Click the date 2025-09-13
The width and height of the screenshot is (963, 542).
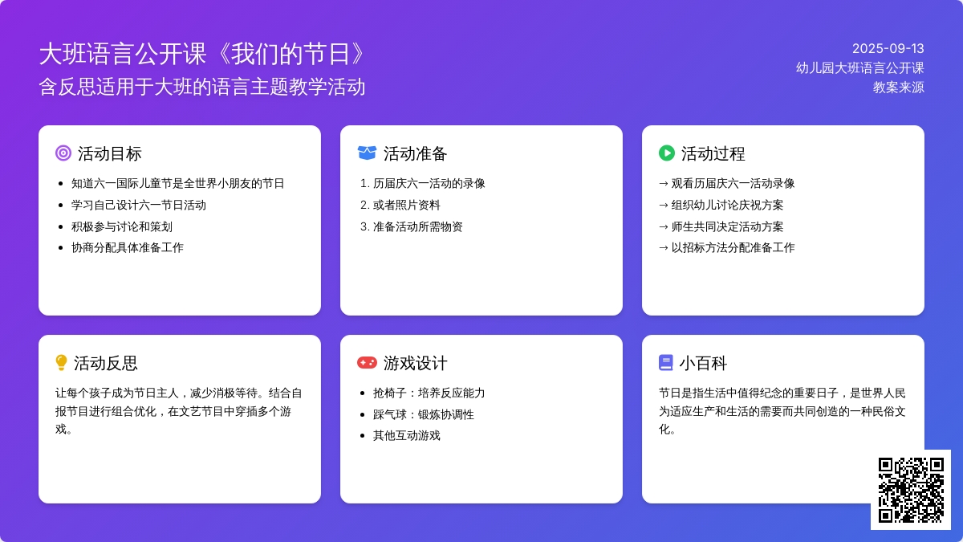pyautogui.click(x=888, y=49)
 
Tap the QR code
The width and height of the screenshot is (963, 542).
pyautogui.click(x=911, y=490)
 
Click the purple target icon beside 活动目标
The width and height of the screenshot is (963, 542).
pyautogui.click(x=63, y=153)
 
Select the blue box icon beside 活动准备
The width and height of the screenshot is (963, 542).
pyautogui.click(x=367, y=153)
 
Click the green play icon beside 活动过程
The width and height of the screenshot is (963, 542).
pyautogui.click(x=667, y=153)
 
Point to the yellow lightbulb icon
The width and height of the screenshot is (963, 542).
pyautogui.click(x=62, y=363)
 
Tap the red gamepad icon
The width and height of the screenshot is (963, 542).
pyautogui.click(x=367, y=363)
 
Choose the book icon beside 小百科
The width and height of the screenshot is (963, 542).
pyautogui.click(x=665, y=363)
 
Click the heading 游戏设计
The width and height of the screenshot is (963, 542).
pyautogui.click(x=415, y=363)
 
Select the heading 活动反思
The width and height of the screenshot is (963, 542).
pyautogui.click(x=105, y=363)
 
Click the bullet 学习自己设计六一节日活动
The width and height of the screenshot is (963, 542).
pyautogui.click(x=138, y=206)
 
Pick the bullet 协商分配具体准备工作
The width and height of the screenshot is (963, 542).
pyautogui.click(x=128, y=248)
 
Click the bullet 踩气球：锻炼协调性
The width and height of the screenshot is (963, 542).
pyautogui.click(x=424, y=414)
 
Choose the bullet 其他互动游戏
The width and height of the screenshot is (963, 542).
pyautogui.click(x=406, y=436)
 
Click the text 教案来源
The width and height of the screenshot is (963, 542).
pyautogui.click(x=898, y=88)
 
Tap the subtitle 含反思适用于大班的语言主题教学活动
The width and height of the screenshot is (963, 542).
pyautogui.click(x=202, y=87)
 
